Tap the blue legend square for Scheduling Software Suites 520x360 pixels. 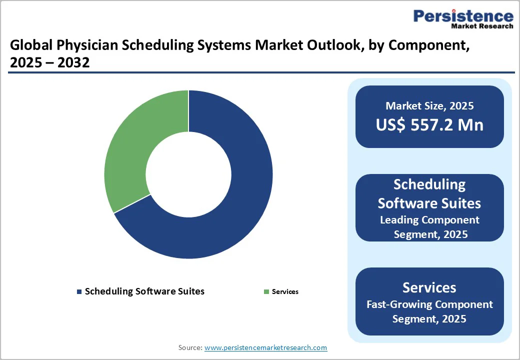(79, 291)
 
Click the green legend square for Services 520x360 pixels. (266, 291)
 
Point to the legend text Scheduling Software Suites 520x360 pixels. (144, 291)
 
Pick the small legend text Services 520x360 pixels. (285, 291)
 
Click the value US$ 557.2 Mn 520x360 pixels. (429, 125)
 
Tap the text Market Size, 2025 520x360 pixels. (429, 105)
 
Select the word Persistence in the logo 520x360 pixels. (463, 16)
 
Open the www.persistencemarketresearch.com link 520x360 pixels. (265, 347)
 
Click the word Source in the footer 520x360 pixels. (190, 347)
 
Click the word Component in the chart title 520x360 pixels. (429, 46)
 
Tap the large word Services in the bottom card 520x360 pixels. (429, 287)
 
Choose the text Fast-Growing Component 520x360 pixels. (429, 304)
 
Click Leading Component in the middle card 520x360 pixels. (429, 220)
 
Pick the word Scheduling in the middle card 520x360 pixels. (429, 184)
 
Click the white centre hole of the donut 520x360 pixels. (188, 174)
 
